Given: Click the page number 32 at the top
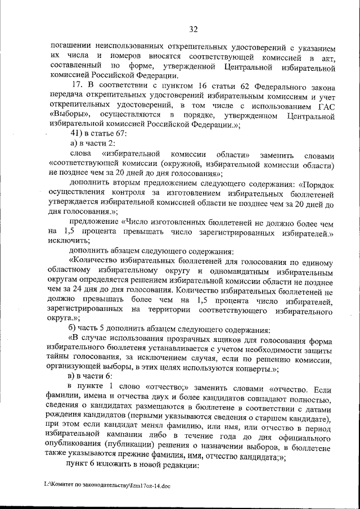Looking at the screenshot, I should [193, 29].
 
